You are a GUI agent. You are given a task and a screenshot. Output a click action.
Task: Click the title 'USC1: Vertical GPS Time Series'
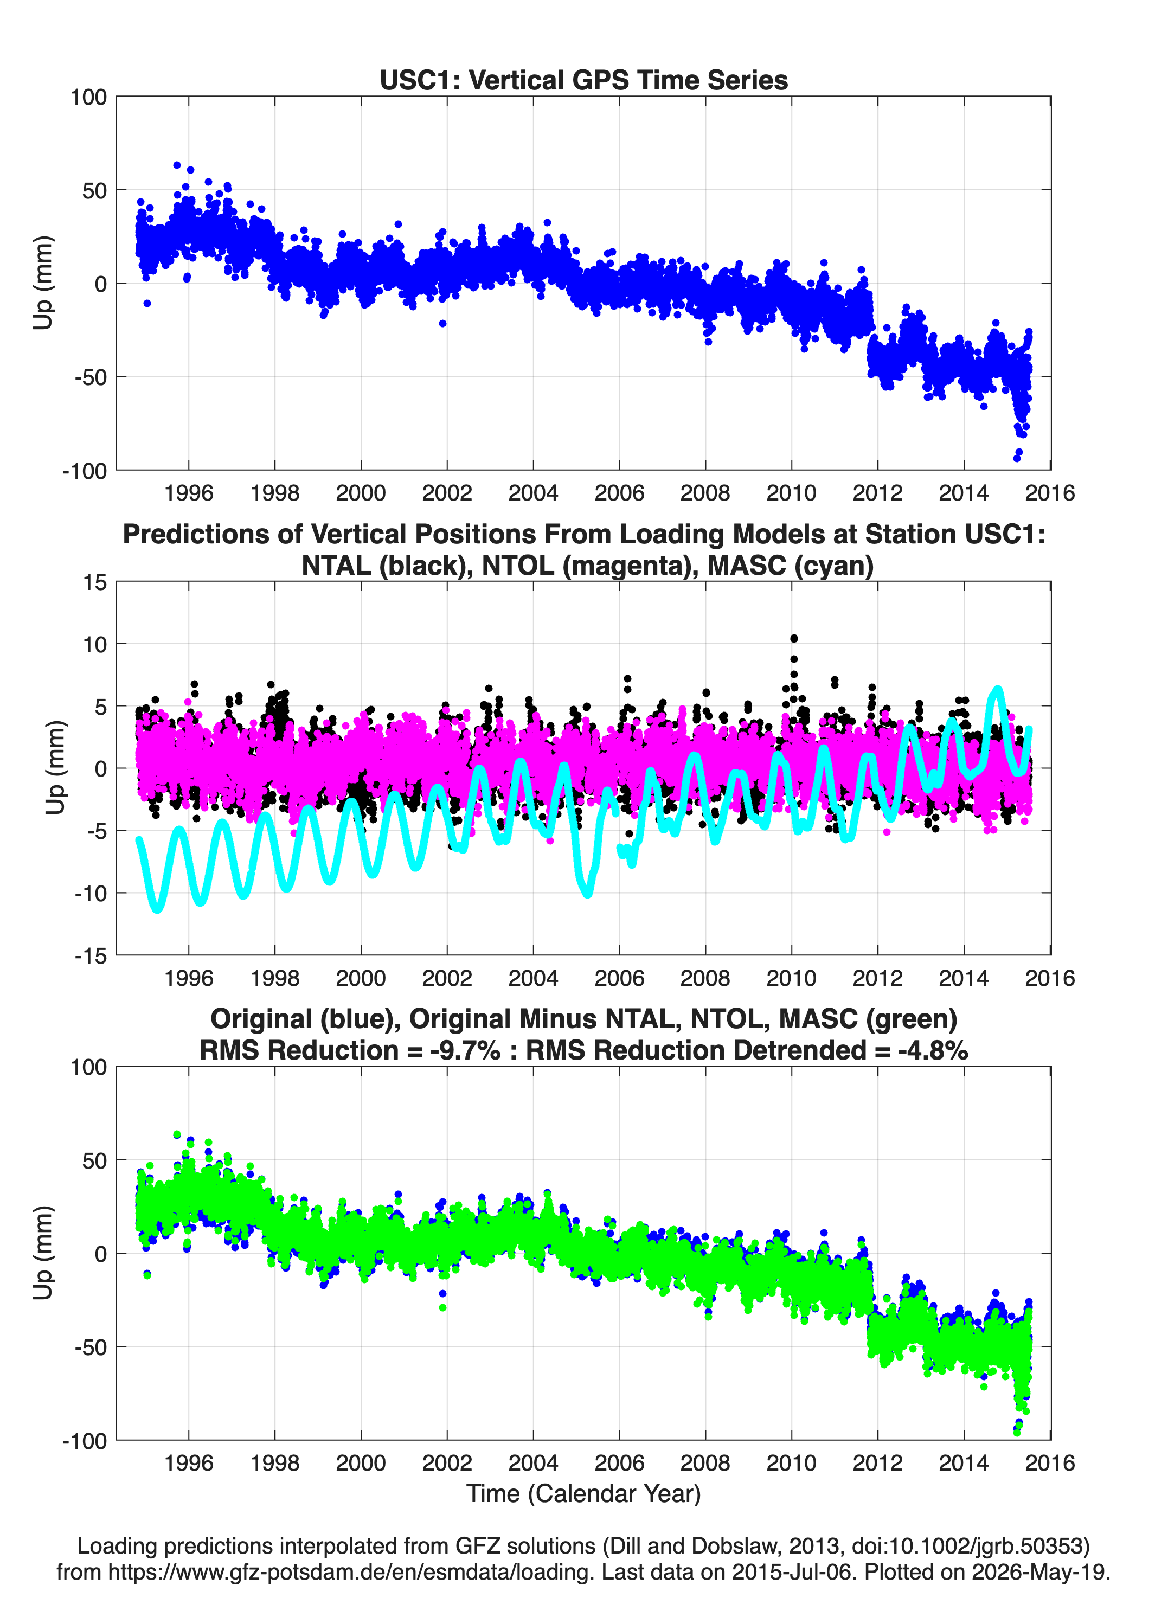[583, 80]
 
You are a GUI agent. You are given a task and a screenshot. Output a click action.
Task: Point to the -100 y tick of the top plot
[84, 471]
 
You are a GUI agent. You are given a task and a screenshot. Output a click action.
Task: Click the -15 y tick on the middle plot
[91, 955]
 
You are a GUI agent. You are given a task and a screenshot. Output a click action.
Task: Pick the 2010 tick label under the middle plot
[792, 978]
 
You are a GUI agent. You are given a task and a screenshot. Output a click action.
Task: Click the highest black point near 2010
[794, 638]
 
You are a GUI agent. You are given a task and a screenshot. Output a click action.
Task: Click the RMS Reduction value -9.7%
[465, 1050]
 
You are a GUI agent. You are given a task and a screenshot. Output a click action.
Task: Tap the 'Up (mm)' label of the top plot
[43, 283]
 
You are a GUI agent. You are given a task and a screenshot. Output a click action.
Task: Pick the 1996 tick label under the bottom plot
[188, 1463]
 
